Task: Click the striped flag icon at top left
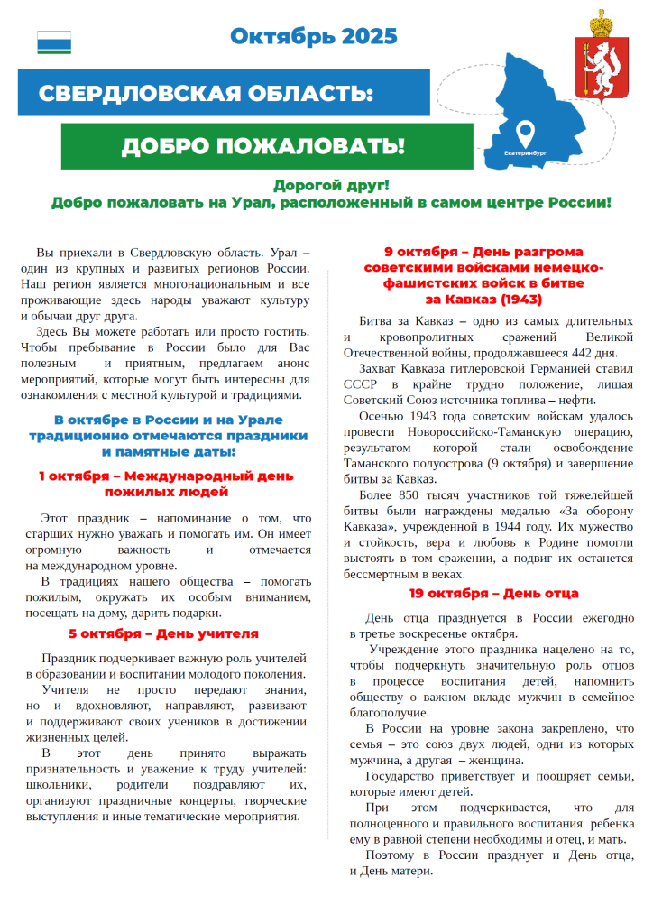coord(54,42)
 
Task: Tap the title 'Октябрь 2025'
coord(313,36)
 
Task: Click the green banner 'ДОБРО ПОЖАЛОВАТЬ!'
coord(263,146)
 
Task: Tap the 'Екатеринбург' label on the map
coord(526,153)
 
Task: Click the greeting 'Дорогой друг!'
coord(331,185)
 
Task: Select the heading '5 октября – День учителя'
coord(163,633)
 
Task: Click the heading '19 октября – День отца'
coord(493,594)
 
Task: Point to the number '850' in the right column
coord(404,494)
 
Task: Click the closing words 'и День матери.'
coord(391,871)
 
